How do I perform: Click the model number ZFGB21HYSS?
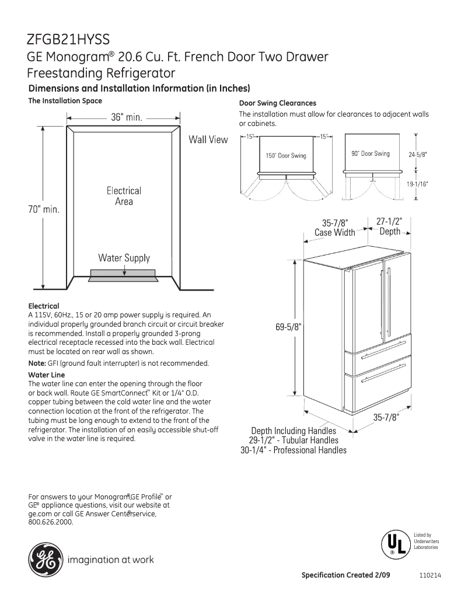coord(68,39)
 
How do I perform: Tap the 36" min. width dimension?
coord(127,117)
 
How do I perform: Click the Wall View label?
coord(208,140)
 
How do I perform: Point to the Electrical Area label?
coord(124,196)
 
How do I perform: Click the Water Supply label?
coord(124,258)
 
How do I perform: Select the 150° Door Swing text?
coord(286,156)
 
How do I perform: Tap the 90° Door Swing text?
coord(371,153)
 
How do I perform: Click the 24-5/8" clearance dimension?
coord(418,155)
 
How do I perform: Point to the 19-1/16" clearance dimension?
coord(418,184)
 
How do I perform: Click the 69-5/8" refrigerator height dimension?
coord(288,327)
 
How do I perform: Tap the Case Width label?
coord(334,233)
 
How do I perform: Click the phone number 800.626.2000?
coord(51,522)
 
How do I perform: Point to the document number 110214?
coord(429,575)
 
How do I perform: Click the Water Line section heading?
coord(47,375)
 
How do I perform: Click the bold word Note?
coord(37,363)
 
